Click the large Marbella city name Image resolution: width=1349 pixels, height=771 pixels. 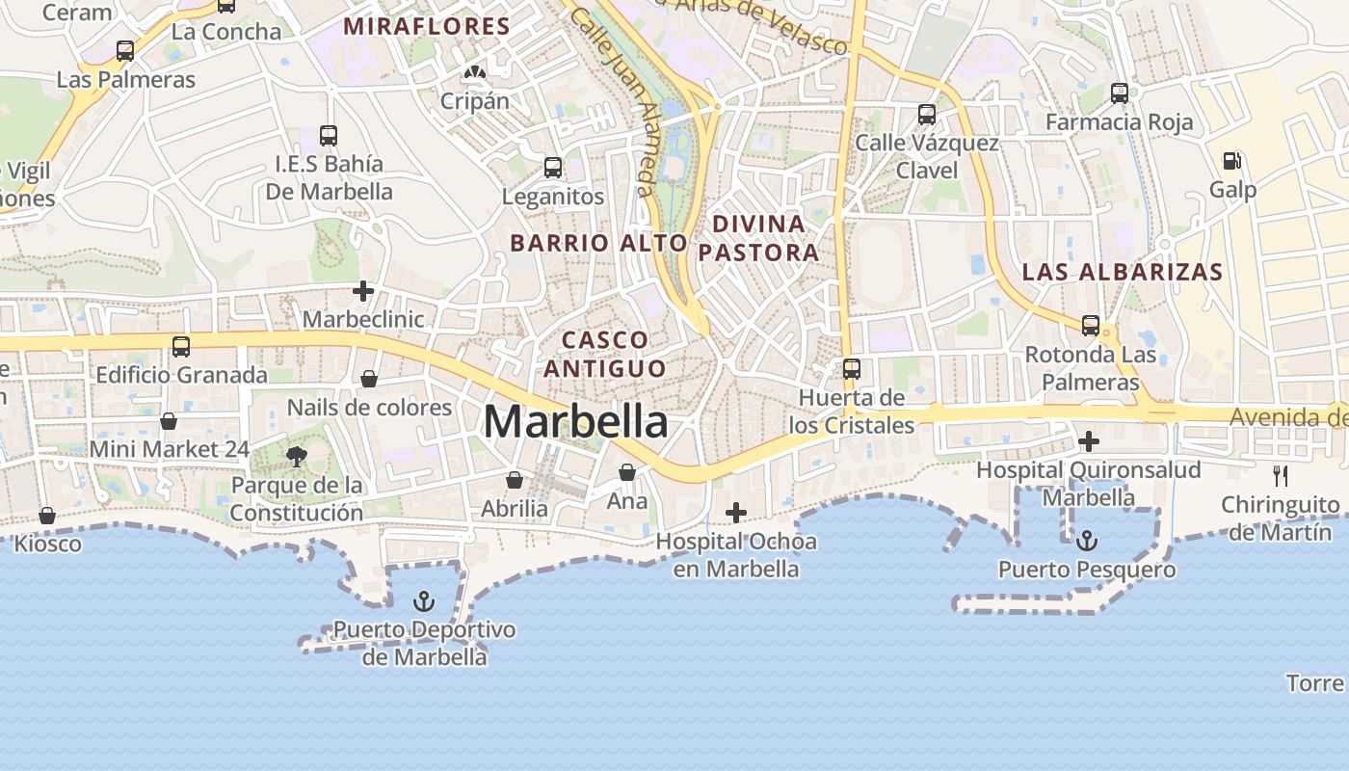point(575,421)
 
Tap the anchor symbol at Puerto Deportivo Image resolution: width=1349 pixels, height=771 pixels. point(424,602)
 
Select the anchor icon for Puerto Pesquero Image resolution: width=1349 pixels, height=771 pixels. point(1087,540)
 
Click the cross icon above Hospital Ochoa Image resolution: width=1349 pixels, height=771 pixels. point(736,512)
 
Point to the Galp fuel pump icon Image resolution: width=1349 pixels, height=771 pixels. point(1231,161)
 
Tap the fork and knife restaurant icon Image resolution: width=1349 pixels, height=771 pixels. point(1281,475)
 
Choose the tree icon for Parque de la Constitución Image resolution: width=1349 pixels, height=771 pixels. point(297,456)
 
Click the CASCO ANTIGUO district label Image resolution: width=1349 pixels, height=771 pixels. point(605,354)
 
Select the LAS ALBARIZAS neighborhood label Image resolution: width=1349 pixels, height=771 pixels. point(1123,272)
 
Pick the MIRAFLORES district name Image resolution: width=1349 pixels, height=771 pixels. point(427,27)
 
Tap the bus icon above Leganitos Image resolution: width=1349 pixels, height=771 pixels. point(553,168)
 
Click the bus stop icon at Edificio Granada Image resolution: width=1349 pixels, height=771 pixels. point(181,347)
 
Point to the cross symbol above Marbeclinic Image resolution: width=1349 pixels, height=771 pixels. point(363,290)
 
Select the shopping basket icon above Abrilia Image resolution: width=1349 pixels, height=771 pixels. point(515,480)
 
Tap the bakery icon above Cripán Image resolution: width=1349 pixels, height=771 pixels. point(474,72)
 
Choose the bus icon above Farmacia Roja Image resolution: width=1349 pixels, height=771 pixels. point(1119,93)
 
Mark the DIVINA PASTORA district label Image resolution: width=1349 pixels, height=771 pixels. point(758,238)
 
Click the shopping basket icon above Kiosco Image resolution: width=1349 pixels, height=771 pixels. point(47,516)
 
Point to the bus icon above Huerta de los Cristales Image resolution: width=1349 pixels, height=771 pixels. point(852,368)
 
